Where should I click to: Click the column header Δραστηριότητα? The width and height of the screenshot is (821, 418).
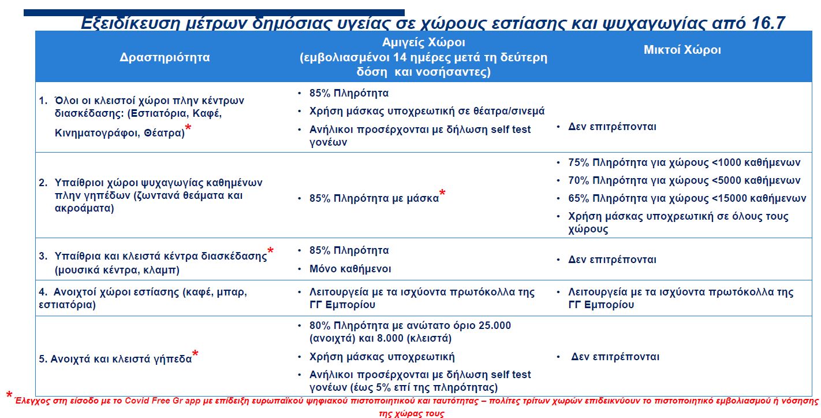[165, 57]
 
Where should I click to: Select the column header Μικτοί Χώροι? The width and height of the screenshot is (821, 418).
[682, 50]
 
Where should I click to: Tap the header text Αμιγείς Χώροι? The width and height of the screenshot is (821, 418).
[423, 43]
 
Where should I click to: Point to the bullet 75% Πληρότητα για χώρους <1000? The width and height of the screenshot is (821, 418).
[684, 162]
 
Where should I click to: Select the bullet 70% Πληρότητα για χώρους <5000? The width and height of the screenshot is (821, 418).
[684, 180]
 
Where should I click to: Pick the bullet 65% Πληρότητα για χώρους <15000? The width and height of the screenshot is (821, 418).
[687, 198]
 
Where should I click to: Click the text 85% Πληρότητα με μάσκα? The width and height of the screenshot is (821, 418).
[374, 198]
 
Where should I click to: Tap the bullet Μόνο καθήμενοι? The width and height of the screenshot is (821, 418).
[350, 269]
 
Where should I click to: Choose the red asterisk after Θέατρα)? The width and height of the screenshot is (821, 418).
[188, 129]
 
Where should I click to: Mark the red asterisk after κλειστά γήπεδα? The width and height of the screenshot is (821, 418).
[196, 354]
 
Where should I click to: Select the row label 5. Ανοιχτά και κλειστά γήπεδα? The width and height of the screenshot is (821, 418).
[115, 358]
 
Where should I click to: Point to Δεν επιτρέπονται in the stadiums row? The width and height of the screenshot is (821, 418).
[615, 357]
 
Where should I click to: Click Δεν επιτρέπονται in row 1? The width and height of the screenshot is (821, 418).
[612, 127]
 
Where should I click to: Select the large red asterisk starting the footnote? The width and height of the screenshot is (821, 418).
[9, 396]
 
